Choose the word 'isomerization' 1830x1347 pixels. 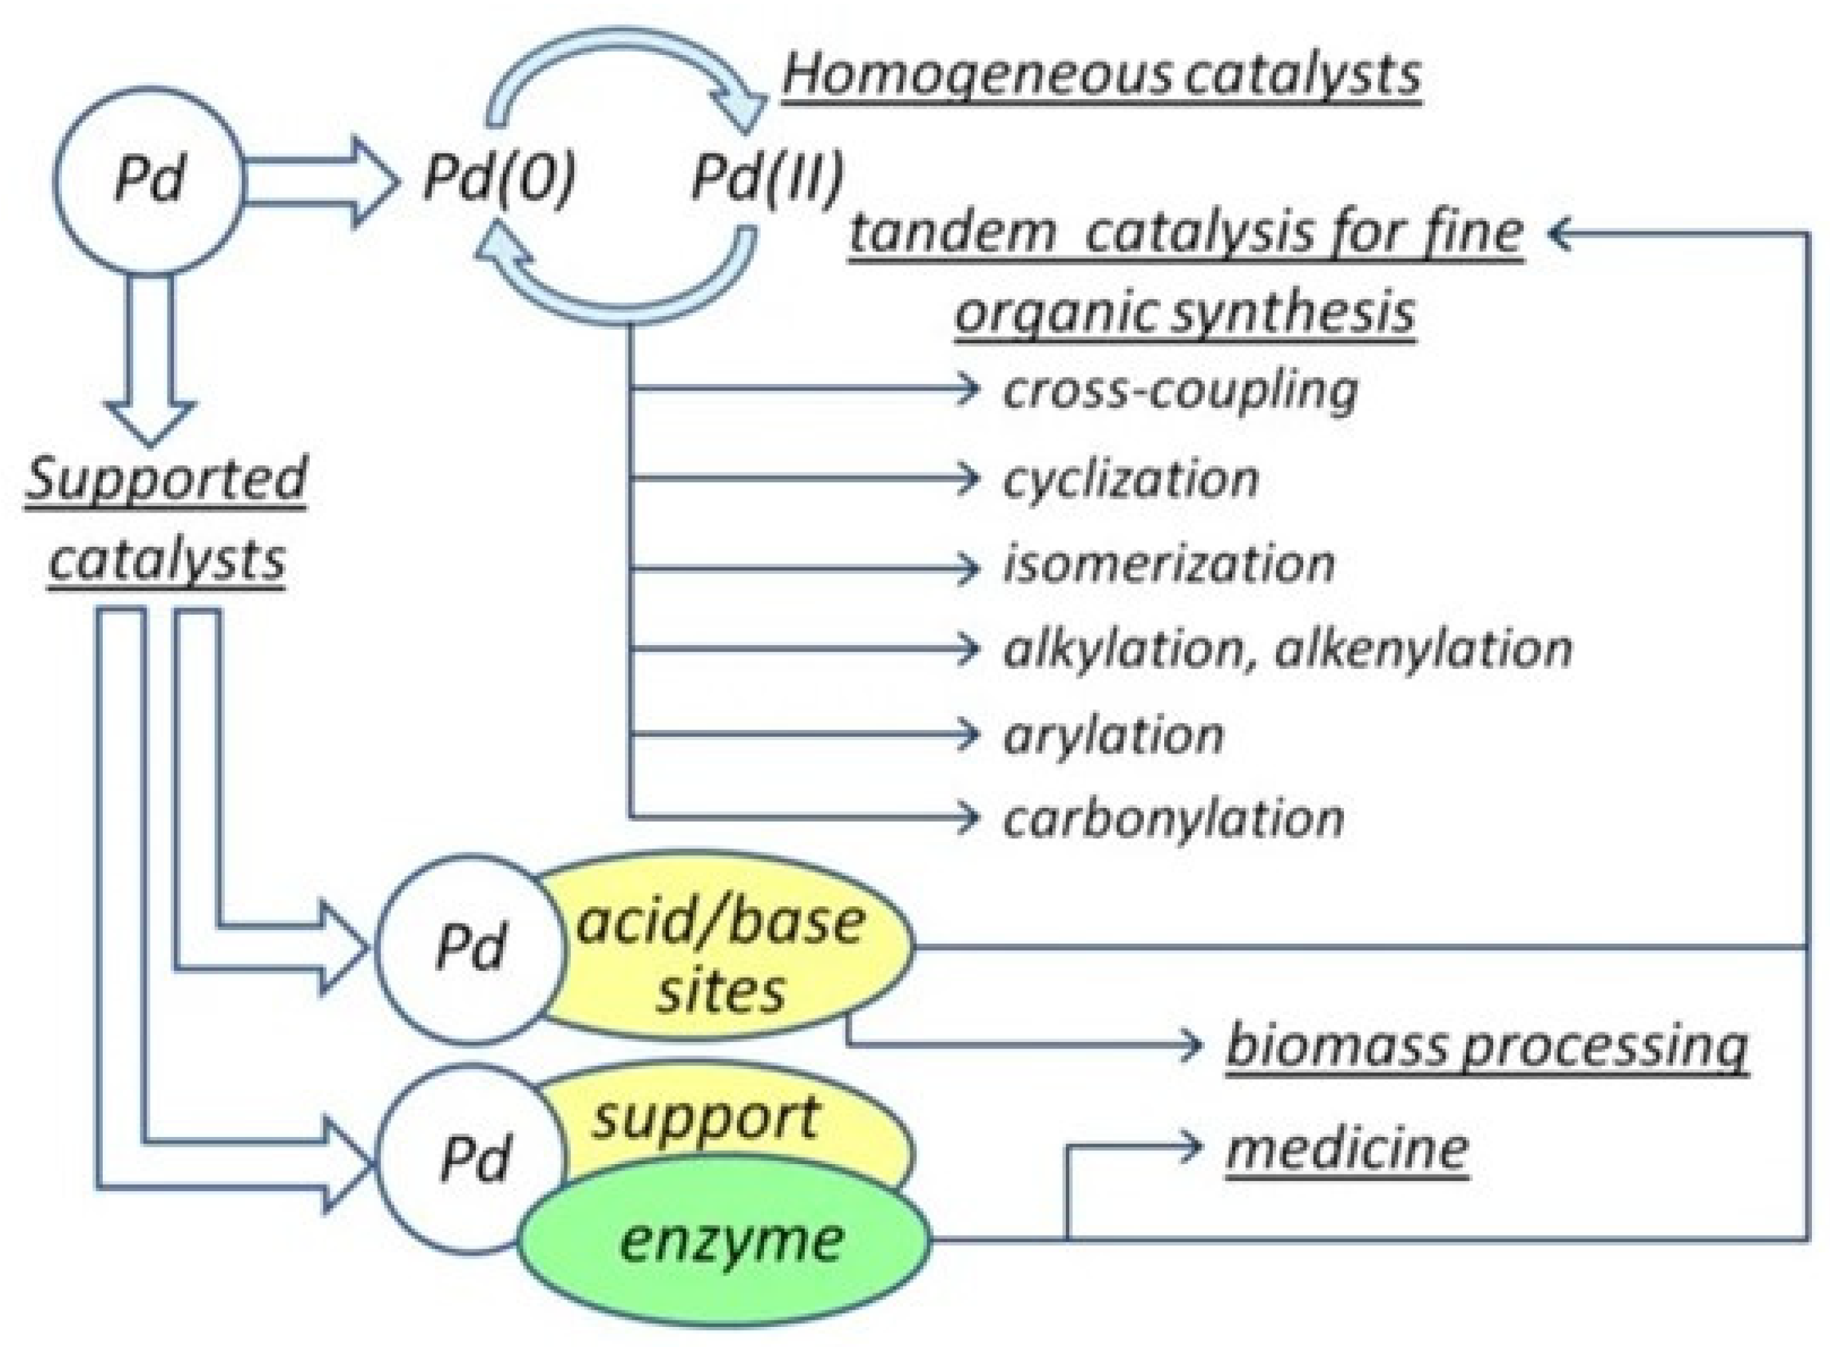tap(1169, 564)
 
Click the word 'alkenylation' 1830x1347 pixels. tap(1422, 649)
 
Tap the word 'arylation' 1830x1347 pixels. tap(1113, 736)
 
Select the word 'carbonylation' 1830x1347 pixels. tap(1173, 819)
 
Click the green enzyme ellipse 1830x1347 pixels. tap(726, 1243)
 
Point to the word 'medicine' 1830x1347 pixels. tap(1346, 1150)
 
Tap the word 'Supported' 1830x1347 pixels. tap(166, 480)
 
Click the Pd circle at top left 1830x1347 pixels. tap(149, 180)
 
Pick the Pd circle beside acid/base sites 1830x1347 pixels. tap(471, 948)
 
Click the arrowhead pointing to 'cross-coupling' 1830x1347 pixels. tap(968, 389)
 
